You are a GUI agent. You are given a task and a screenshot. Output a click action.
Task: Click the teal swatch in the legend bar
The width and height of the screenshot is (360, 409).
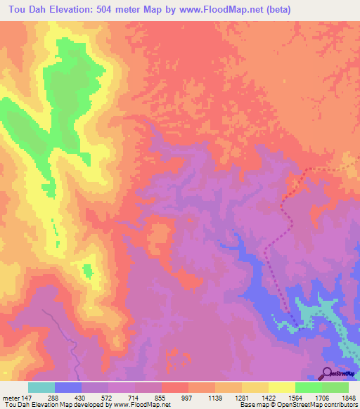point(41,387)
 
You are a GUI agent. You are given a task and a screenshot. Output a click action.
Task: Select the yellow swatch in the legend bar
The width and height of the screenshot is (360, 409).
point(282,387)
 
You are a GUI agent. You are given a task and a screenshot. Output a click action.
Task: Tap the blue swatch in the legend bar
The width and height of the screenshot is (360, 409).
point(68,387)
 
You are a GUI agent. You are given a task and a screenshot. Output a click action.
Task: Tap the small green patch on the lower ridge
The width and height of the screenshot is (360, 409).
point(88,271)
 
